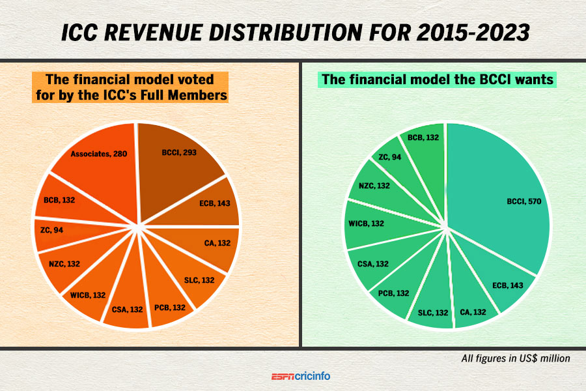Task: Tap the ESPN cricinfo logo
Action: tap(301, 376)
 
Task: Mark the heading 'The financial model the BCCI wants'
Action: tap(438, 80)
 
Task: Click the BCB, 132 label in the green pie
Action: tap(423, 138)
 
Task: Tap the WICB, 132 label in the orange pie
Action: tap(88, 295)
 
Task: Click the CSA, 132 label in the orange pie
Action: tap(127, 309)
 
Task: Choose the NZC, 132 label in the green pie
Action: tap(374, 185)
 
